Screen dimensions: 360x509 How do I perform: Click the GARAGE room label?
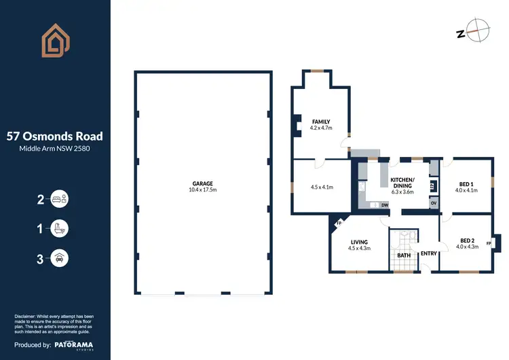(202, 183)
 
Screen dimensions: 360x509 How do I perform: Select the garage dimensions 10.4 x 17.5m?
(202, 190)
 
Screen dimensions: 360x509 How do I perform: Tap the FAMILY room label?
(321, 122)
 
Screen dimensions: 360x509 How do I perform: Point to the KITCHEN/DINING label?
(402, 182)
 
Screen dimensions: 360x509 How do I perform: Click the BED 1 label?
(466, 184)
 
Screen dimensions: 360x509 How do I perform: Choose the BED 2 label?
(468, 240)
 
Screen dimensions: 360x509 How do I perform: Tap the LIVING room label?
(359, 241)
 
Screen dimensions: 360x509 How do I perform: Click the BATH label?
(404, 255)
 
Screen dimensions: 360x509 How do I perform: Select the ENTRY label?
(428, 253)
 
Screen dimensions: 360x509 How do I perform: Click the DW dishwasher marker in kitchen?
(384, 204)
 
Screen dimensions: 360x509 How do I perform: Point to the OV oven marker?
(433, 203)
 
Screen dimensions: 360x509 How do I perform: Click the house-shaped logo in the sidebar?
(55, 40)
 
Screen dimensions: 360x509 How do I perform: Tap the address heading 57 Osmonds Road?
(55, 135)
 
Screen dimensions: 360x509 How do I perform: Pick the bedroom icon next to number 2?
(59, 199)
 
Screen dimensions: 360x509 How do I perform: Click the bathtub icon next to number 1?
(59, 228)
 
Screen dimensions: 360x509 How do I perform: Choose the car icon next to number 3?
(59, 257)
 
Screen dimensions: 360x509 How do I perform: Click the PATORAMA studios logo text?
(75, 346)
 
